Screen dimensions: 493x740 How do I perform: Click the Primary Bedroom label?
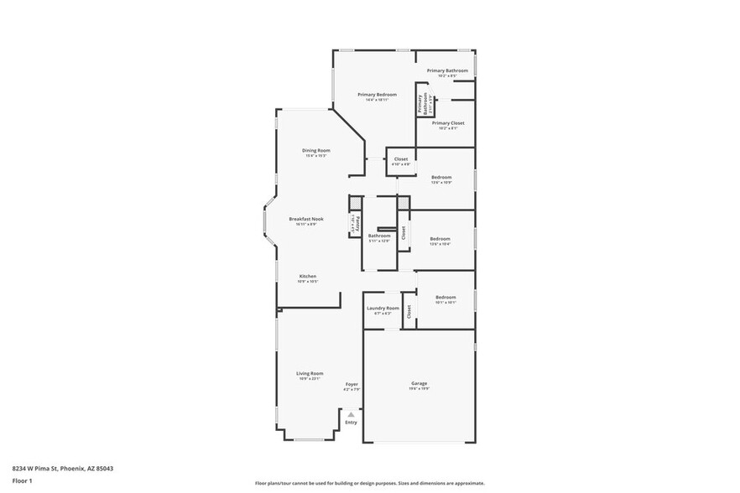[377, 95]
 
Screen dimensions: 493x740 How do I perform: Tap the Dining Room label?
[315, 151]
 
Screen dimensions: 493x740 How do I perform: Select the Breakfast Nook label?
[305, 219]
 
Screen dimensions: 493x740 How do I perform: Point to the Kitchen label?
[308, 277]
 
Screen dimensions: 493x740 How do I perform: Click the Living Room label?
[310, 373]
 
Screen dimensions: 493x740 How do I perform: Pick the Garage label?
[419, 383]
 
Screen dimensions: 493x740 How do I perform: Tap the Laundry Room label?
[383, 308]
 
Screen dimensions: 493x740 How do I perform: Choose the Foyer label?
[352, 384]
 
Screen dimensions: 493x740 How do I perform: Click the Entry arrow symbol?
[351, 414]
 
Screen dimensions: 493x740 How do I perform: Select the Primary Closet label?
[448, 122]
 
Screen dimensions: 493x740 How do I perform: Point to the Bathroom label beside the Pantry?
[379, 236]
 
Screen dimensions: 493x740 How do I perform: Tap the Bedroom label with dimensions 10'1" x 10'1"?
[446, 298]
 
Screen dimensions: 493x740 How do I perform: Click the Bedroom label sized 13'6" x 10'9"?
[441, 177]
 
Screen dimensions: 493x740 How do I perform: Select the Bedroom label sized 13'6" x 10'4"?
[440, 239]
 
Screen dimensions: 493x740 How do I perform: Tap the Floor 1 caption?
[22, 480]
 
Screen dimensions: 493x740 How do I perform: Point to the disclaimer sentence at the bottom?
[369, 483]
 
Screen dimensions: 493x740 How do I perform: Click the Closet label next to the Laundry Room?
[409, 311]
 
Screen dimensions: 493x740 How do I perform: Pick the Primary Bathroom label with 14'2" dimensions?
[447, 70]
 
